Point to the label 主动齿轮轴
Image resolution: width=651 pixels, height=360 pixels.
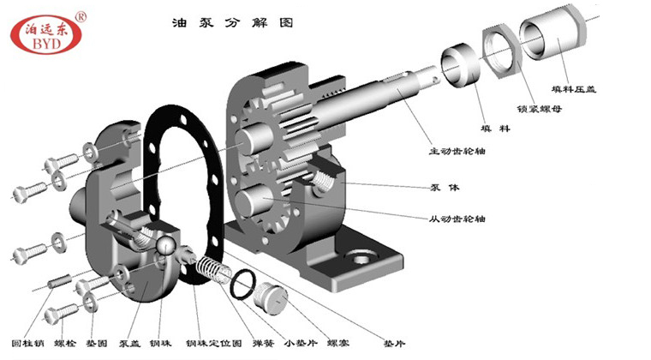point(457,152)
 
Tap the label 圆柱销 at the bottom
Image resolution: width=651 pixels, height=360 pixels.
point(25,343)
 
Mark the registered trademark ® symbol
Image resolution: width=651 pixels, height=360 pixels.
point(81,15)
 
